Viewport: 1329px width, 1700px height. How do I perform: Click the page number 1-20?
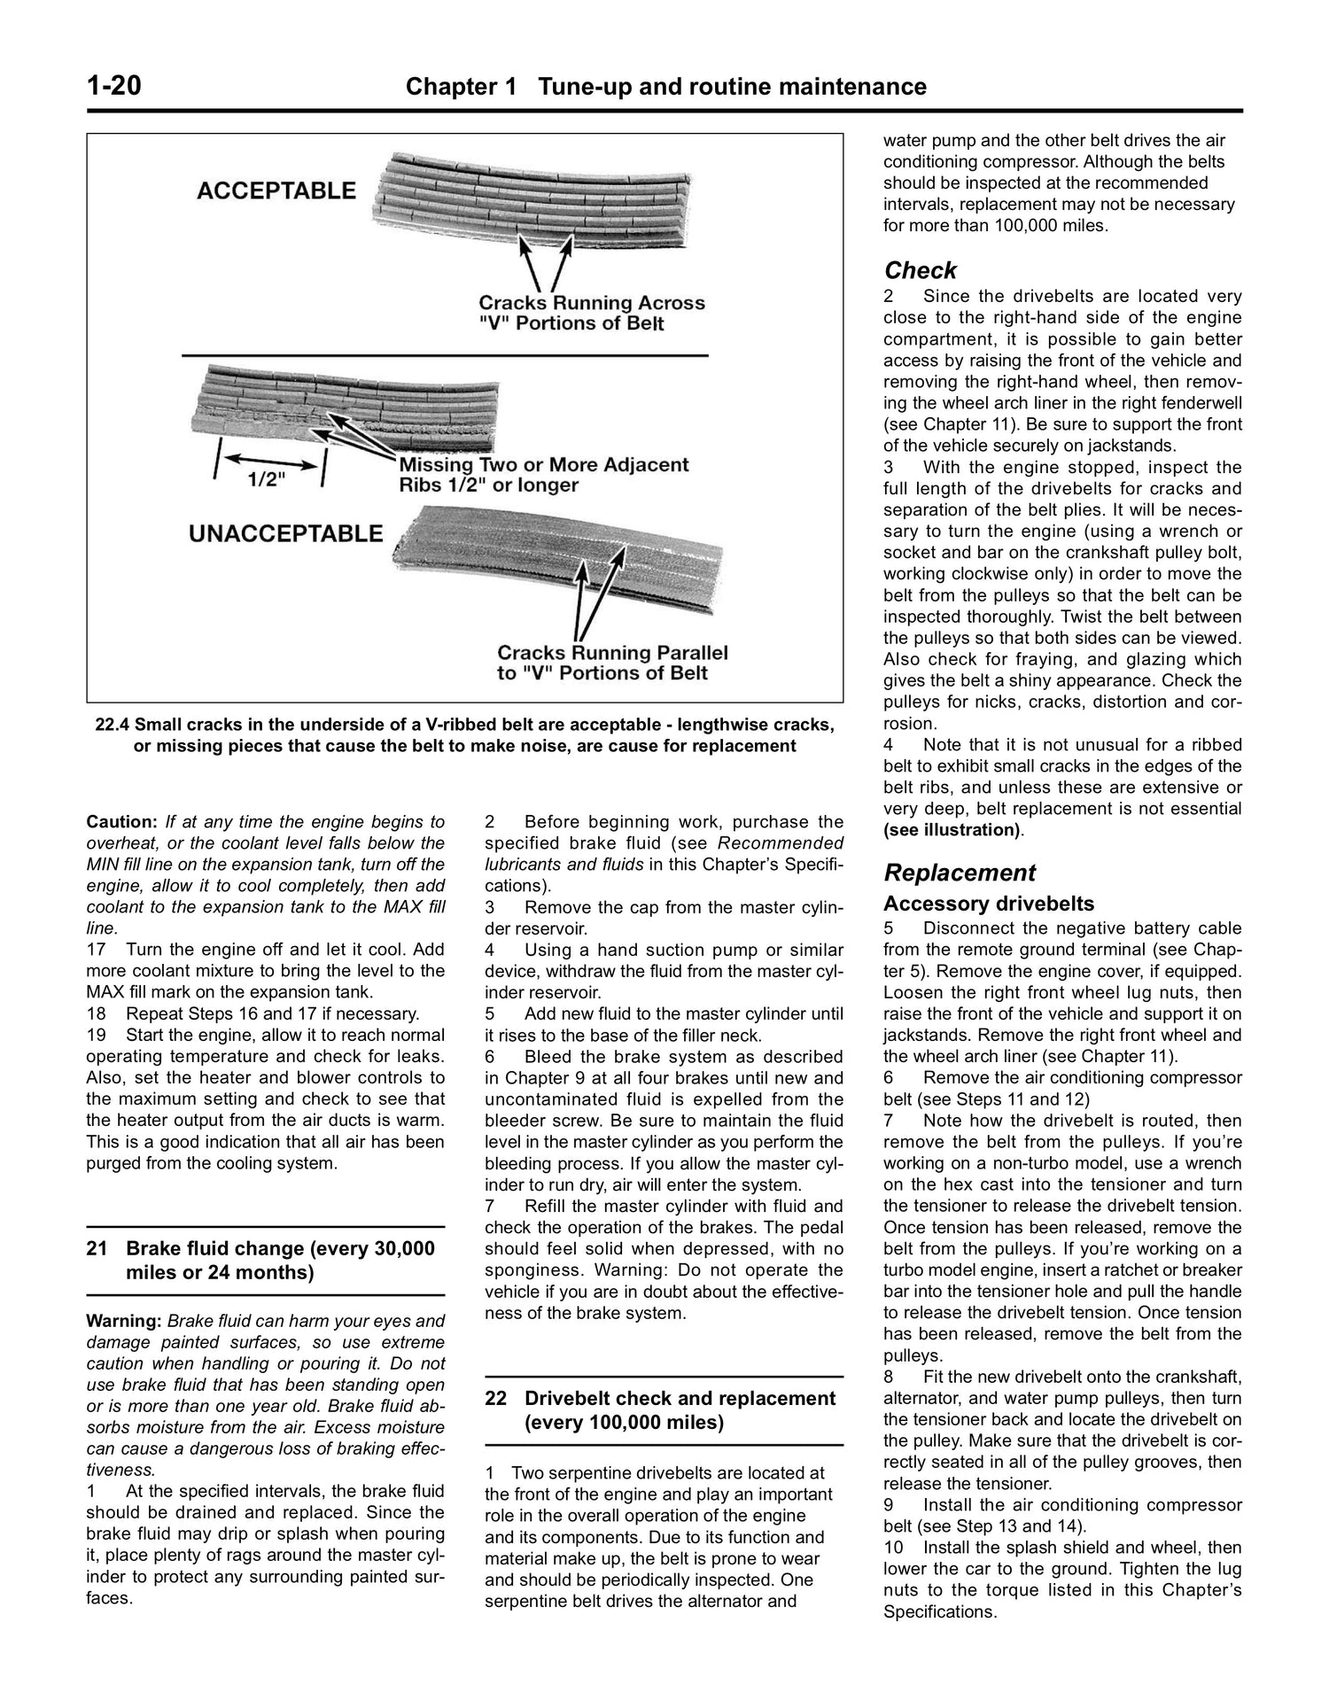click(x=114, y=87)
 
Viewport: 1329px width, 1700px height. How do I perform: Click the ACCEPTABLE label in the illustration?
click(x=276, y=190)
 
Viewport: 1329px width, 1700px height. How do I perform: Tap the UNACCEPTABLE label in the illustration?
click(x=286, y=533)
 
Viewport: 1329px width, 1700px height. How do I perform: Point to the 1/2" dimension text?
click(x=267, y=479)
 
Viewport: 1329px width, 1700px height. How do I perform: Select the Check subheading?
click(x=920, y=270)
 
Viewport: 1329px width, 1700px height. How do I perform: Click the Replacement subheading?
click(x=959, y=873)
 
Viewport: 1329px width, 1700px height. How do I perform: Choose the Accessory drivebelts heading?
click(x=988, y=904)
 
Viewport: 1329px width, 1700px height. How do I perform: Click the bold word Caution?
click(x=122, y=821)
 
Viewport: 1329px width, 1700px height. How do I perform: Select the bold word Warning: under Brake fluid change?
click(x=123, y=1321)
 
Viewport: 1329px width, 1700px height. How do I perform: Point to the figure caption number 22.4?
click(x=113, y=725)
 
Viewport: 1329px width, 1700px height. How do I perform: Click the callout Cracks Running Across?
click(x=592, y=302)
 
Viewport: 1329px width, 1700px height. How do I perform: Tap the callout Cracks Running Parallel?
click(x=612, y=653)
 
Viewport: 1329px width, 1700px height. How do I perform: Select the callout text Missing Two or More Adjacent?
click(x=543, y=464)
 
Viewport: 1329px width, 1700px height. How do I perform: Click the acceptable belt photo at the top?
click(x=532, y=199)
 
